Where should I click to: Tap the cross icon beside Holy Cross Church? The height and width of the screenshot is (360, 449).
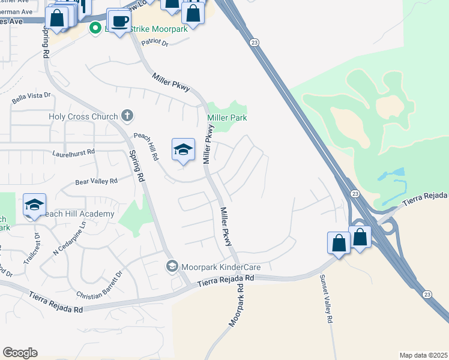pyautogui.click(x=127, y=115)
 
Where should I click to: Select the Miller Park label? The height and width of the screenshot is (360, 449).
pyautogui.click(x=227, y=118)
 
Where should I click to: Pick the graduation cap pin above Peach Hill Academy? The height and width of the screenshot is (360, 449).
pyautogui.click(x=35, y=205)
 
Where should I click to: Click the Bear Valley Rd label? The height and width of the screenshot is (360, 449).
pyautogui.click(x=96, y=181)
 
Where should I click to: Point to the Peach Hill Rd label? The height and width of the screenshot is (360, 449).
pyautogui.click(x=146, y=146)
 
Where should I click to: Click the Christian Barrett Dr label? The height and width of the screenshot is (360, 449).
pyautogui.click(x=100, y=285)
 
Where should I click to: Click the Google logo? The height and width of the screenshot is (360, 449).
pyautogui.click(x=20, y=353)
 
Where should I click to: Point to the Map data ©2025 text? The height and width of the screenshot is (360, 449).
pyautogui.click(x=423, y=355)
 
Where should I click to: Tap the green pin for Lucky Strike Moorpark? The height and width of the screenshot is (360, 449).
pyautogui.click(x=95, y=28)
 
